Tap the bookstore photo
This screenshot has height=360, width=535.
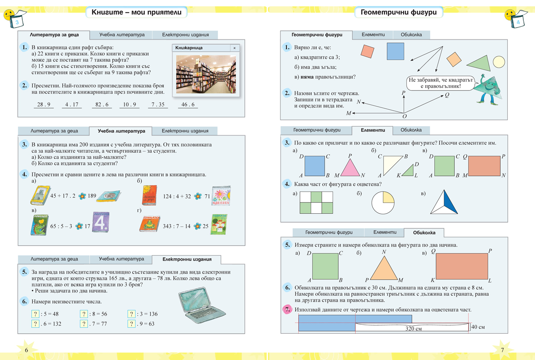tap(206, 74)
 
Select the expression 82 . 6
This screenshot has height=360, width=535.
tap(102, 105)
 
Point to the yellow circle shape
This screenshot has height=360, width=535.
tap(498, 62)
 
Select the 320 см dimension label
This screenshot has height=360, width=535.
tap(414, 328)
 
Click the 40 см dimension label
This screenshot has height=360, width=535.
tap(478, 327)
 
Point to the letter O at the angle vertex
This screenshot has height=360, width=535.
tap(404, 116)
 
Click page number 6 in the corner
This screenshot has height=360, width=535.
tap(26, 350)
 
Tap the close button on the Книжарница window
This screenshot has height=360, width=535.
tap(235, 48)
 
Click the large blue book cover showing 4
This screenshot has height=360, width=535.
tap(100, 222)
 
